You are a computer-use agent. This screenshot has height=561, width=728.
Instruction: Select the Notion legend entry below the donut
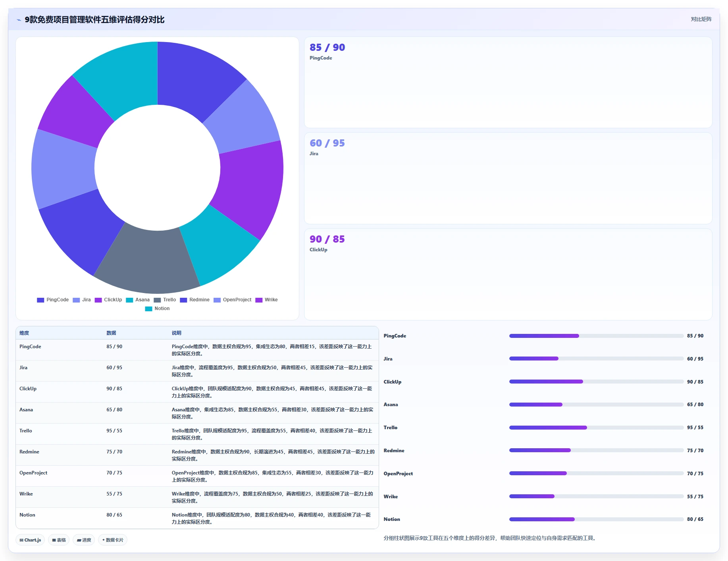click(158, 308)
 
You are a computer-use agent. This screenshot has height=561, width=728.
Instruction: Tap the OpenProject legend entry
click(233, 300)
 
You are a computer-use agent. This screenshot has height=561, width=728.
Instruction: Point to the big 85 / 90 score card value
click(327, 47)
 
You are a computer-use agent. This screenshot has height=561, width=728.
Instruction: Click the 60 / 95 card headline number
click(327, 143)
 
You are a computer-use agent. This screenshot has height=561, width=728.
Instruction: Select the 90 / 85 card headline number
click(327, 239)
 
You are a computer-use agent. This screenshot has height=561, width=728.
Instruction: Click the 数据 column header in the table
click(111, 333)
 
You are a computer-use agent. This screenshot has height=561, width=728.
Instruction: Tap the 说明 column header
click(176, 333)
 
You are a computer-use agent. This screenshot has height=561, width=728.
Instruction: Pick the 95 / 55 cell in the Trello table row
click(114, 431)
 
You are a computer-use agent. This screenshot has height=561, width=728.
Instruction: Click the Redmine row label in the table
click(29, 452)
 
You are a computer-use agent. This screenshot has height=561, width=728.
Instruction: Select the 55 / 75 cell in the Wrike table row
click(114, 494)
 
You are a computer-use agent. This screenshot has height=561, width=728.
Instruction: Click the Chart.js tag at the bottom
click(30, 540)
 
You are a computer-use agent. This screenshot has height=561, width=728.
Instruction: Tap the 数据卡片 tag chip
click(113, 540)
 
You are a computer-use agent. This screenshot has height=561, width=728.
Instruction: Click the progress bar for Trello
click(596, 428)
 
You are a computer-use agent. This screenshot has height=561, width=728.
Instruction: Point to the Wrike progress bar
click(596, 496)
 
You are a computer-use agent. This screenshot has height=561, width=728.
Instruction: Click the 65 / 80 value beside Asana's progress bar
click(695, 405)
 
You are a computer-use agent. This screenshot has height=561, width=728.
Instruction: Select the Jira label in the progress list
click(388, 359)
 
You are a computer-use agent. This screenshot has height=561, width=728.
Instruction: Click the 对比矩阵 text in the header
click(701, 19)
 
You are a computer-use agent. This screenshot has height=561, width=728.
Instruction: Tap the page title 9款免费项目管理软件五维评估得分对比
click(94, 19)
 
